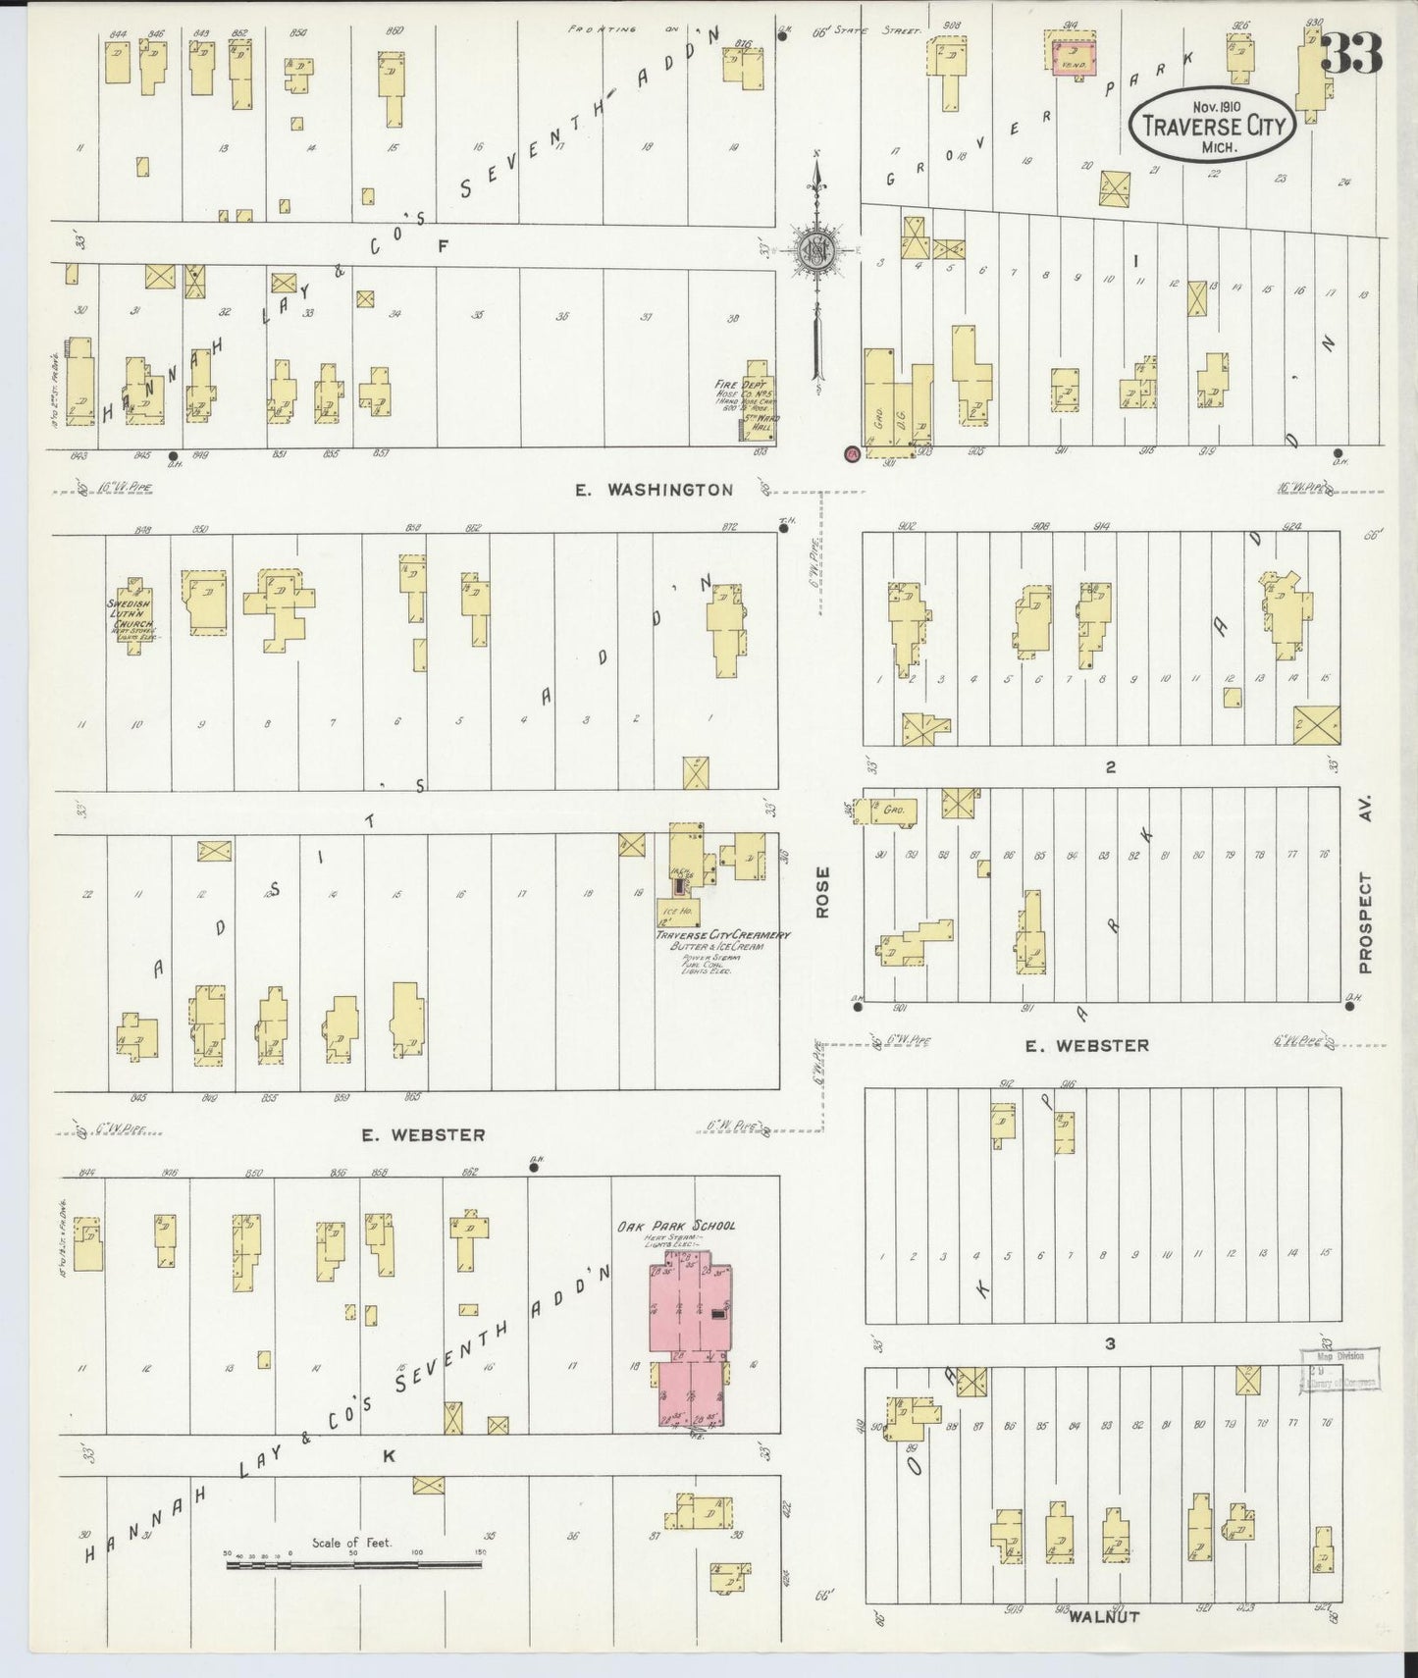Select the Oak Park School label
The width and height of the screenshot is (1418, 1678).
pyautogui.click(x=676, y=1226)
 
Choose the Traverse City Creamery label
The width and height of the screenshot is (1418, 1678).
pyautogui.click(x=724, y=935)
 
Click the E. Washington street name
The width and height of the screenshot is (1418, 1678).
pyautogui.click(x=655, y=490)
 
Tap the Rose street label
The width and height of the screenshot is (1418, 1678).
pyautogui.click(x=822, y=892)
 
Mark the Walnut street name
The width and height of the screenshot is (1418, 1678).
pyautogui.click(x=1104, y=1616)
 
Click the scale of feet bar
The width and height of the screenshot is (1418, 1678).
pyautogui.click(x=353, y=1564)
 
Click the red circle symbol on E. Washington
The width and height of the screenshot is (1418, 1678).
pyautogui.click(x=852, y=453)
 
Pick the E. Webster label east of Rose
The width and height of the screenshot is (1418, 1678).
pyautogui.click(x=1086, y=1046)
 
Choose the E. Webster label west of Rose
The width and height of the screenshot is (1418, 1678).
pyautogui.click(x=423, y=1134)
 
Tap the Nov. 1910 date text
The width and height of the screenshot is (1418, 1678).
pyautogui.click(x=1217, y=106)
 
